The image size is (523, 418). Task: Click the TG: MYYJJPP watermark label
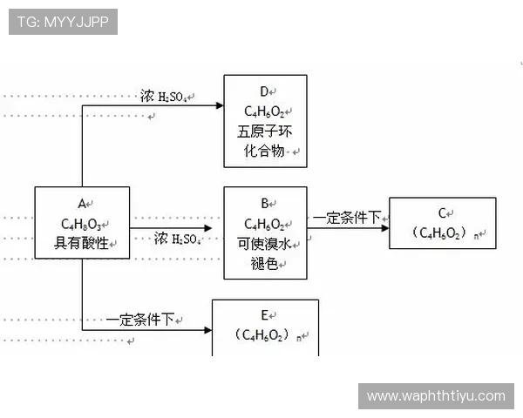[62, 22]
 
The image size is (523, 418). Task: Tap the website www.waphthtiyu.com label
[436, 396]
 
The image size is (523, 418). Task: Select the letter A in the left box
[81, 203]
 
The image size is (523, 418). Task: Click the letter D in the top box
[263, 91]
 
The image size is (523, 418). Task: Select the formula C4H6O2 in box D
[264, 111]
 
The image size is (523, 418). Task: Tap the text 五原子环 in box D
[264, 131]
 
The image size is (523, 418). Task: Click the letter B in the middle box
[264, 203]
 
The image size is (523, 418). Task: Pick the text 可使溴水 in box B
[264, 243]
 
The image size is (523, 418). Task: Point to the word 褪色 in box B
[264, 263]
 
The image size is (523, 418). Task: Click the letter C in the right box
[442, 212]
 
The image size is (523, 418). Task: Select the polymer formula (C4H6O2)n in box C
[445, 233]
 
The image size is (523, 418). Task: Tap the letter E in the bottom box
[264, 314]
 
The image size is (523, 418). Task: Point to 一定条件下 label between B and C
[347, 218]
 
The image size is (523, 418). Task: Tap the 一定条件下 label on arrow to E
[140, 320]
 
